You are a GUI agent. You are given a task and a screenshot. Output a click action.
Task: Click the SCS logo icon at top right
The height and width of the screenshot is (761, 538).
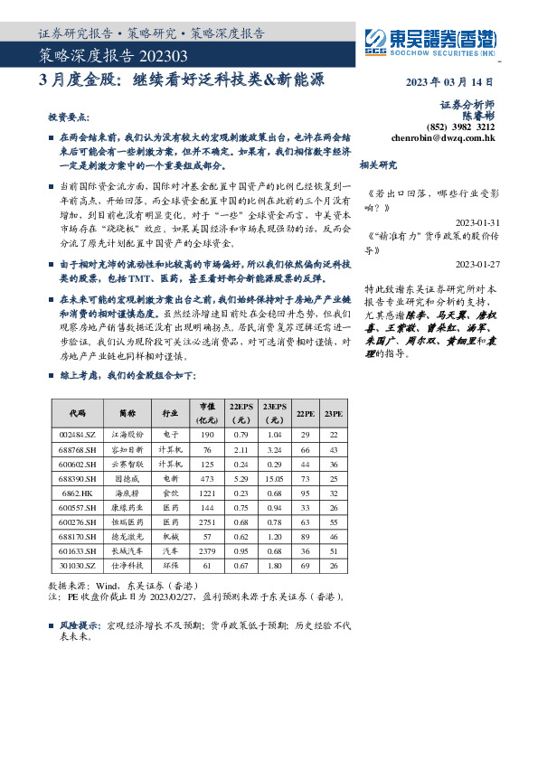pos(373,39)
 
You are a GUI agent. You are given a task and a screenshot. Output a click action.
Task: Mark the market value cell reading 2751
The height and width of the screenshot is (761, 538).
pos(207,522)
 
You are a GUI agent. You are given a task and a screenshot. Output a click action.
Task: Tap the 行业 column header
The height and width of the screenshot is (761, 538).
pos(169,413)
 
